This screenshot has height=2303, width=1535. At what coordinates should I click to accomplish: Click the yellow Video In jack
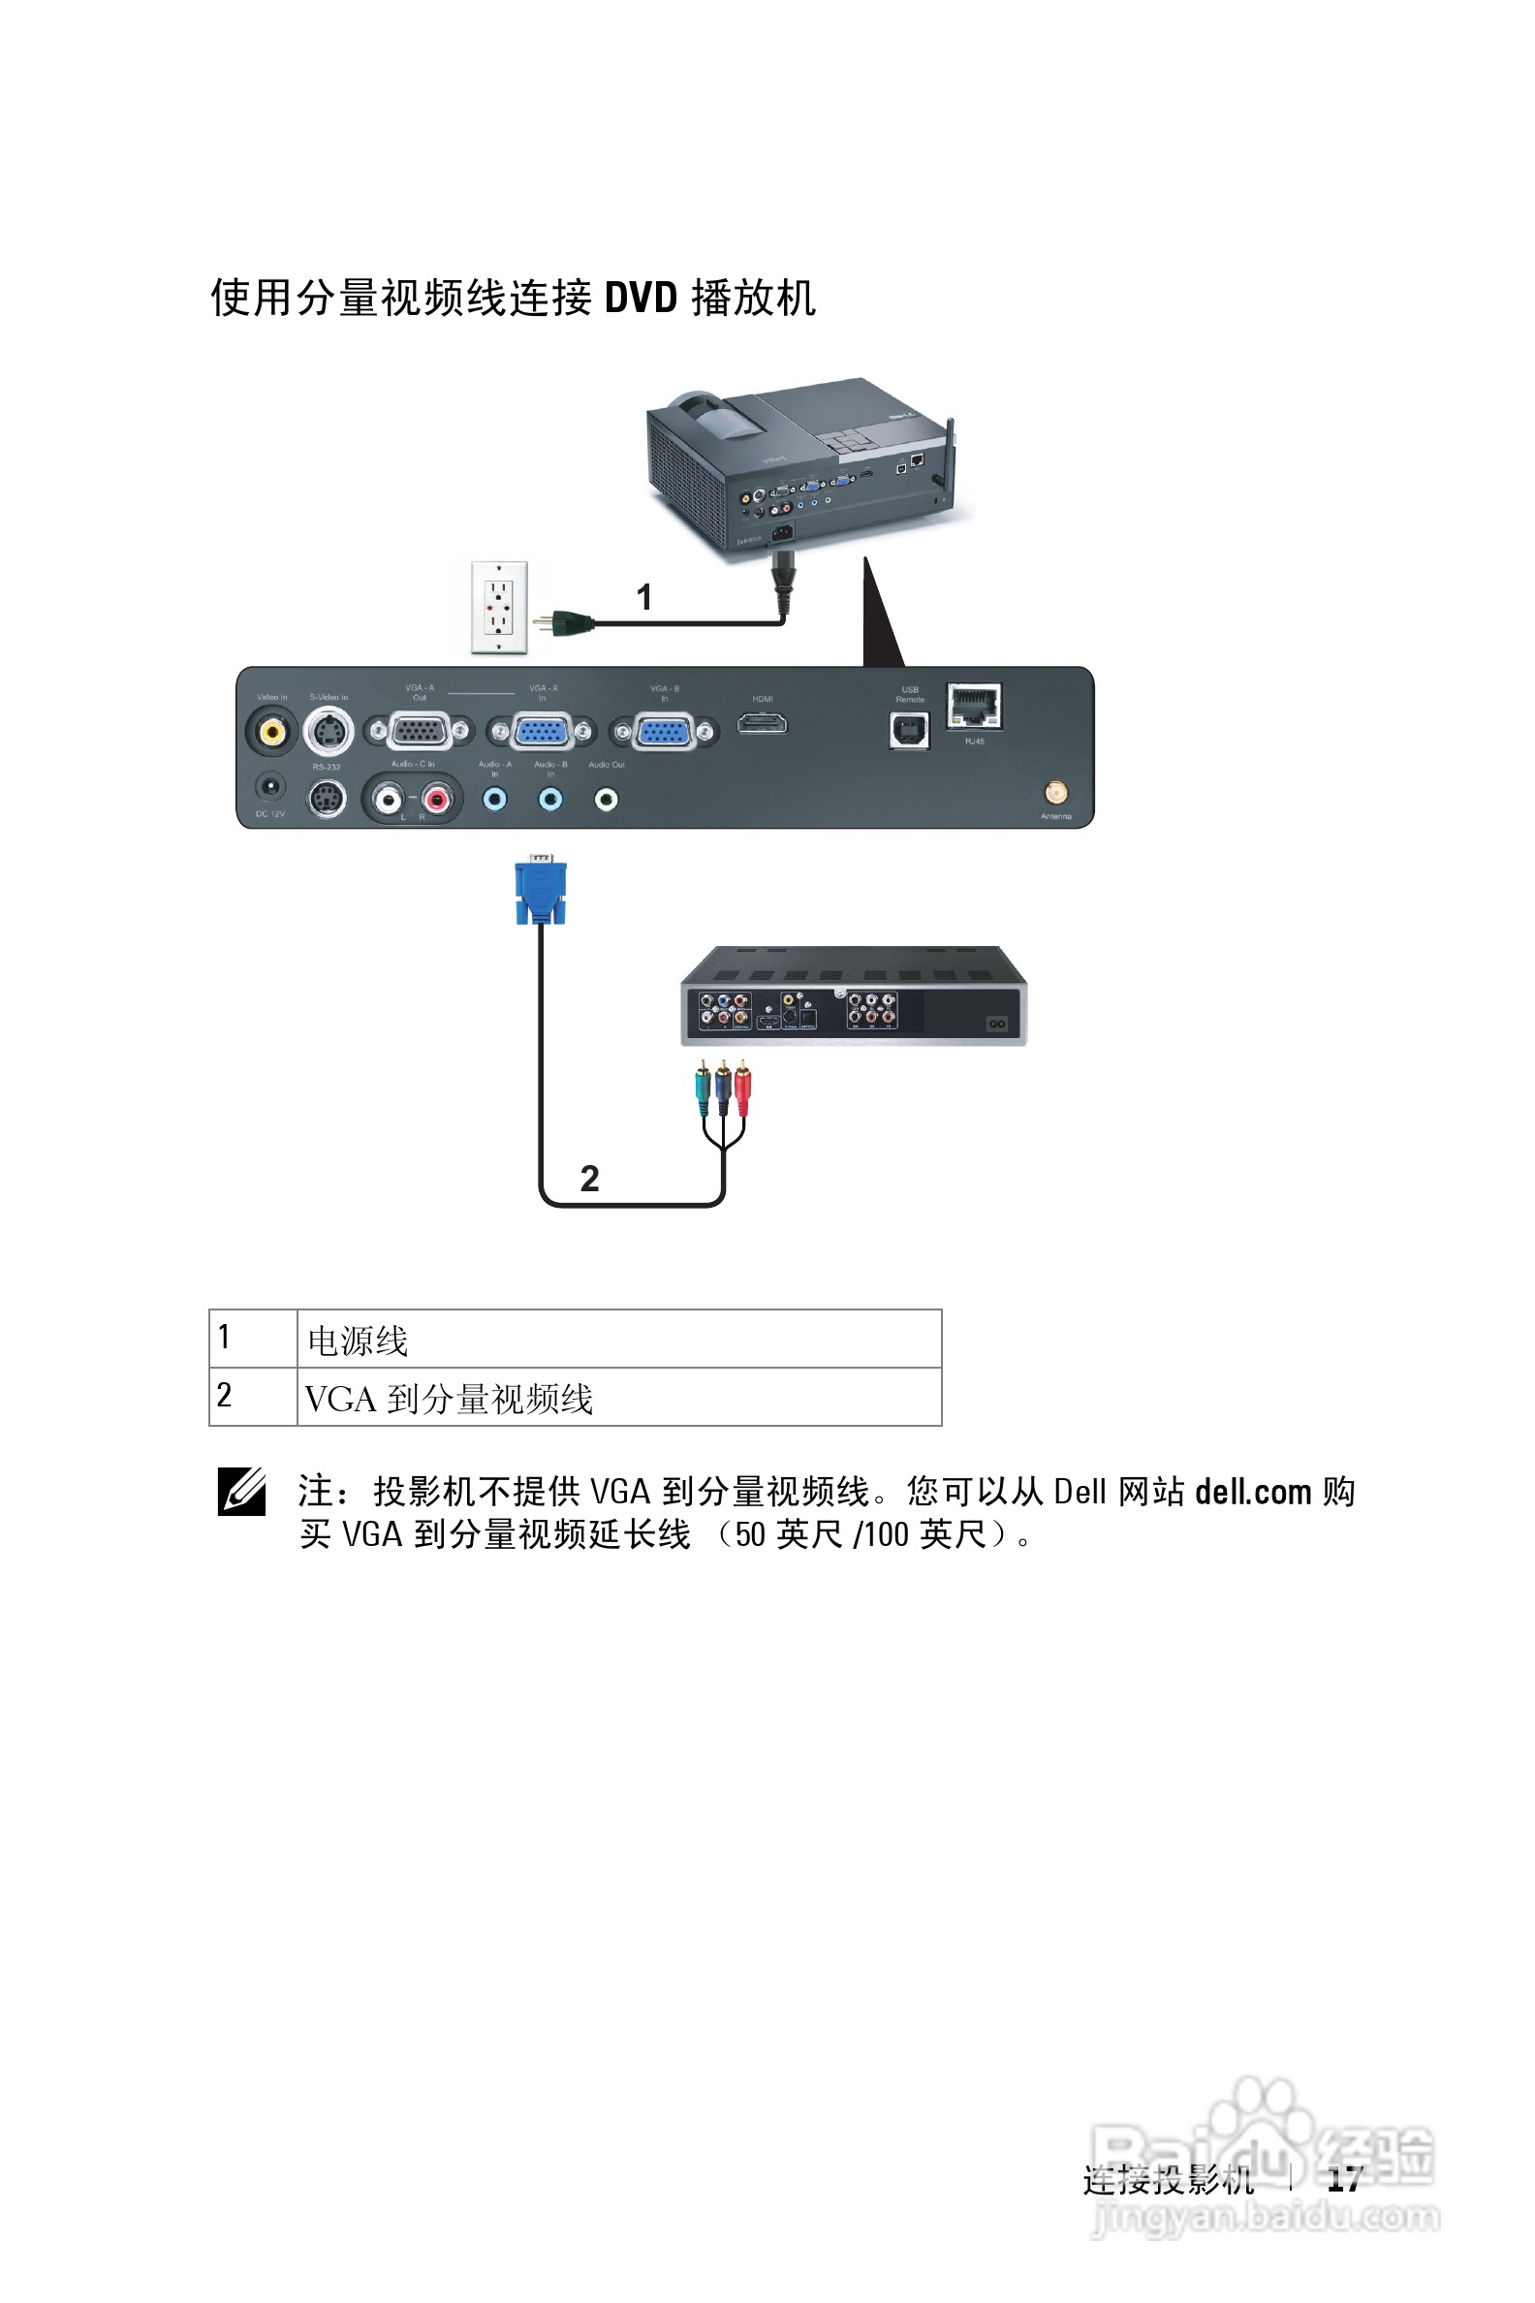(271, 731)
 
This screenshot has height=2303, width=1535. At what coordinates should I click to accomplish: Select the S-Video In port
(329, 731)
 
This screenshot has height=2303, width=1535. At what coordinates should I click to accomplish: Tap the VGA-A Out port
(419, 731)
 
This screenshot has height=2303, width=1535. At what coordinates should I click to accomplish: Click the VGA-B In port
(664, 731)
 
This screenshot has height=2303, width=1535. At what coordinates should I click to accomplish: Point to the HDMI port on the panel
(762, 724)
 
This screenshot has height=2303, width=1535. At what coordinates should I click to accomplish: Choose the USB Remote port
(908, 730)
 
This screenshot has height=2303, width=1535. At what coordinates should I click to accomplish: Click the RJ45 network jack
(974, 706)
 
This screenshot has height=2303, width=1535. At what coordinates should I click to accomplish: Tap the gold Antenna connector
(1055, 792)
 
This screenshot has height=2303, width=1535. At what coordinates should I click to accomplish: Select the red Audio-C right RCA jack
(437, 800)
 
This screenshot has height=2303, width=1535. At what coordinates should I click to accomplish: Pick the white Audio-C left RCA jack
(389, 800)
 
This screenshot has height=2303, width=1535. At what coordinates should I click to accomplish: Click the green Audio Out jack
(606, 800)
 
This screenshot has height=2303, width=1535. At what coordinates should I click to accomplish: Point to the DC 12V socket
(270, 787)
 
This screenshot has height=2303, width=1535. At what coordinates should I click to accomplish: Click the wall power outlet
(499, 607)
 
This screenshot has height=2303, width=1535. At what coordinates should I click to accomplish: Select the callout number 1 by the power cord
(643, 597)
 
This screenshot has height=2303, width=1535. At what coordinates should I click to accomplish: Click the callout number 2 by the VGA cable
(589, 1178)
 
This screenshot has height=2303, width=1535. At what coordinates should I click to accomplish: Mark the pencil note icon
(242, 1492)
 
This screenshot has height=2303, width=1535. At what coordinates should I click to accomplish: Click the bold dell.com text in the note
(1252, 1492)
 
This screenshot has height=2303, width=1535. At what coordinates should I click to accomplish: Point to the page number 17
(1344, 2179)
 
